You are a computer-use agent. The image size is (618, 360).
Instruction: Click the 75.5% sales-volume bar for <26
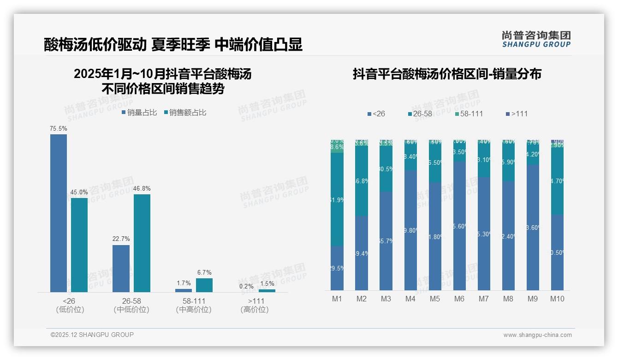(59, 213)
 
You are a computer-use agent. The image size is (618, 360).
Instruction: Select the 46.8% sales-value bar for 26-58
(142, 243)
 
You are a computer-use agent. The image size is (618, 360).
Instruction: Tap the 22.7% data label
(121, 239)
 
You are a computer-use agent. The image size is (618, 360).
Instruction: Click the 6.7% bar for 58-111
(204, 285)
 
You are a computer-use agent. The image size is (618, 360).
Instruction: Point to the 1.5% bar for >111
(267, 291)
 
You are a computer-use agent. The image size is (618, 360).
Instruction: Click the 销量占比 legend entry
(139, 112)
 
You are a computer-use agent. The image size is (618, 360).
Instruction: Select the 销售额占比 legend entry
(185, 112)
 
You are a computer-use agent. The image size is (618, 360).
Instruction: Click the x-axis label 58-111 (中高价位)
(194, 305)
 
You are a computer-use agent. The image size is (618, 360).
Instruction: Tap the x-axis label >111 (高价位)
(255, 305)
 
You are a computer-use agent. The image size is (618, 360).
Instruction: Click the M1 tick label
(337, 299)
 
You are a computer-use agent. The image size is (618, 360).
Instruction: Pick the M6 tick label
(459, 299)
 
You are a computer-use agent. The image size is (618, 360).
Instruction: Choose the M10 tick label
(557, 299)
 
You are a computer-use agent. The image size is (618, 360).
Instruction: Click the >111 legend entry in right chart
(517, 114)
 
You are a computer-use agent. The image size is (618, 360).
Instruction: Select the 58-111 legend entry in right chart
(469, 114)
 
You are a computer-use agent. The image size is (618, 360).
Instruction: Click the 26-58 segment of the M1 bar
(337, 199)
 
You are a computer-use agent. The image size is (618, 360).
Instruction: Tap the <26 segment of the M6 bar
(459, 226)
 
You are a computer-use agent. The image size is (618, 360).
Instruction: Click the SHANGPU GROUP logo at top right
(536, 39)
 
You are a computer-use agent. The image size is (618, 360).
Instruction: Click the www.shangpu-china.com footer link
(537, 335)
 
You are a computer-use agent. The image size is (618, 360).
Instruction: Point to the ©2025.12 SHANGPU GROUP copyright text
(92, 335)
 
